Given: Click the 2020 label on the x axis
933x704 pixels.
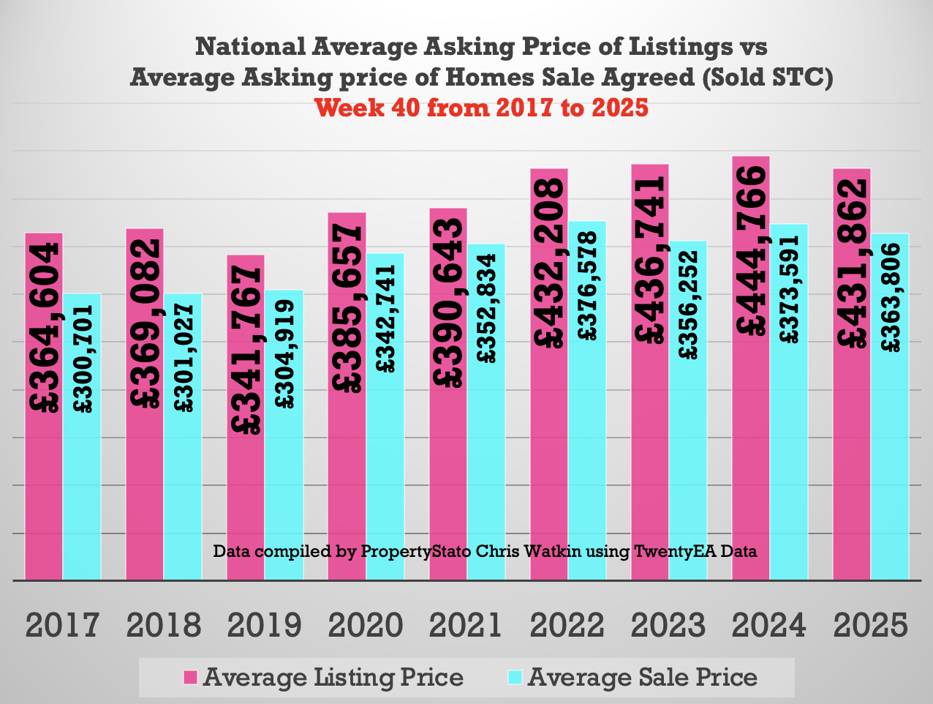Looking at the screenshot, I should (365, 626).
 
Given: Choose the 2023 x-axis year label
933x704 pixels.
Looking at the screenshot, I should (668, 626).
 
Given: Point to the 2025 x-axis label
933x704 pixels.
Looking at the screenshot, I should (870, 626).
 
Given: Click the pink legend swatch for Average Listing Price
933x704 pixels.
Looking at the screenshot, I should (191, 678).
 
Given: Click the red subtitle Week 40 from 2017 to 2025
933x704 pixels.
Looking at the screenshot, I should (481, 108).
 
